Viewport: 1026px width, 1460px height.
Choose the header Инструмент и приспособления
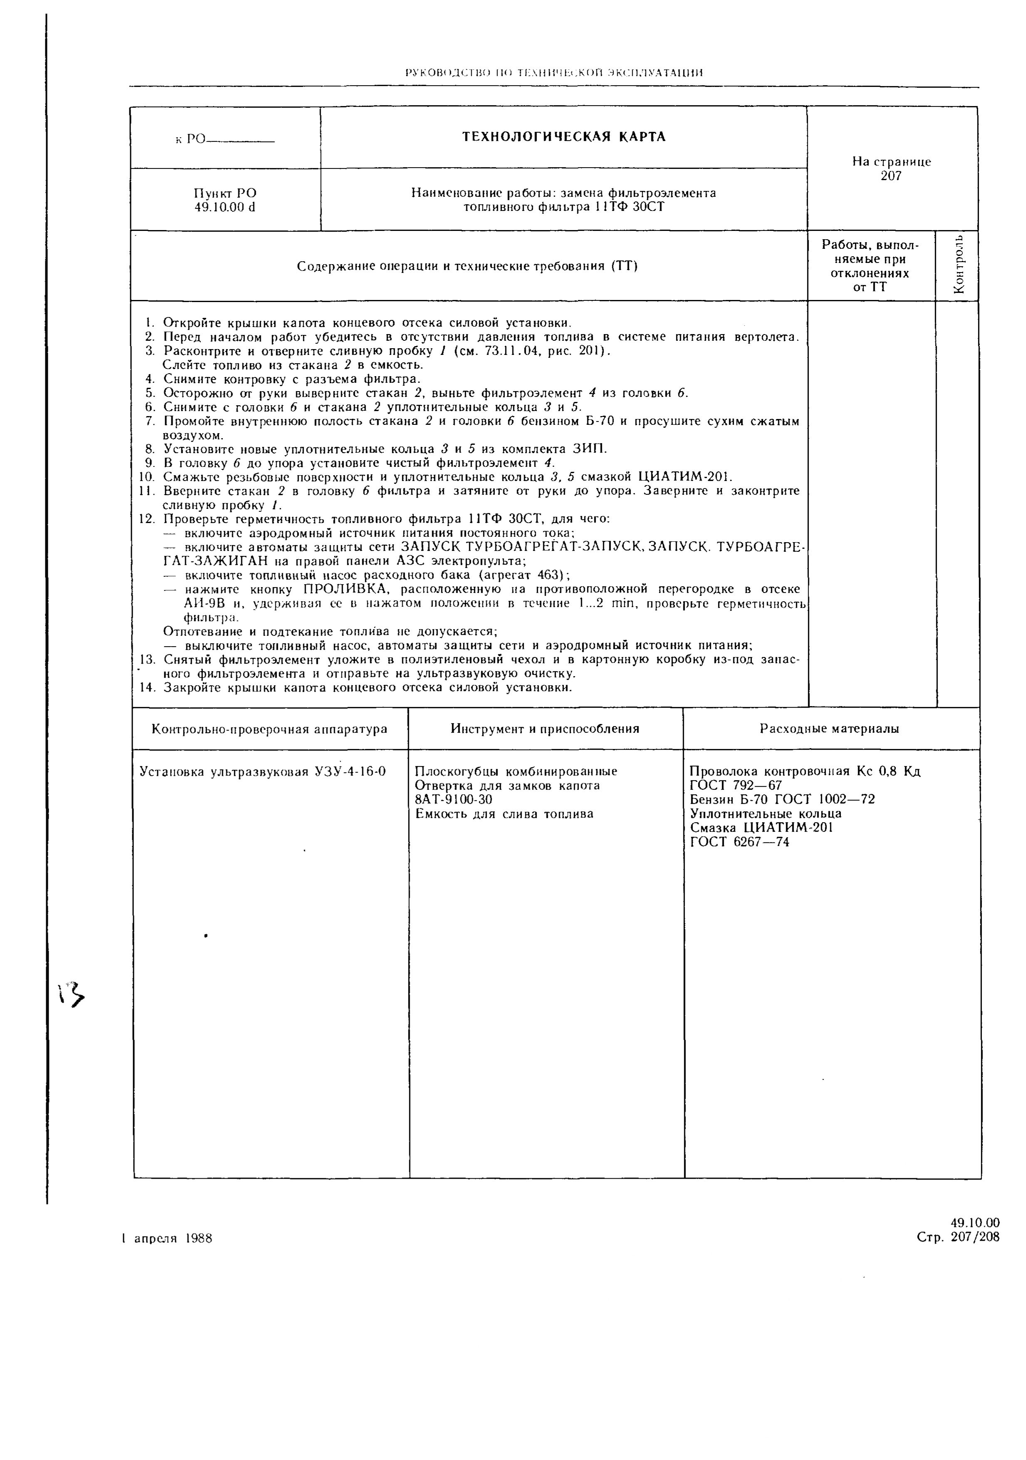pos(545,729)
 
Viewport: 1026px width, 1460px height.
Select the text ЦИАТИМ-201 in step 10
pos(684,477)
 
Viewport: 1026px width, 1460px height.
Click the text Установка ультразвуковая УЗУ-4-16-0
pos(262,772)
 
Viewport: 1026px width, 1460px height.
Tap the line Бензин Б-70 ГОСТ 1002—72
pos(782,799)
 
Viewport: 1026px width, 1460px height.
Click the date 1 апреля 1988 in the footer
pos(166,1239)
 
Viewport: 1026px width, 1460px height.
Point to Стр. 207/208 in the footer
pos(958,1237)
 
